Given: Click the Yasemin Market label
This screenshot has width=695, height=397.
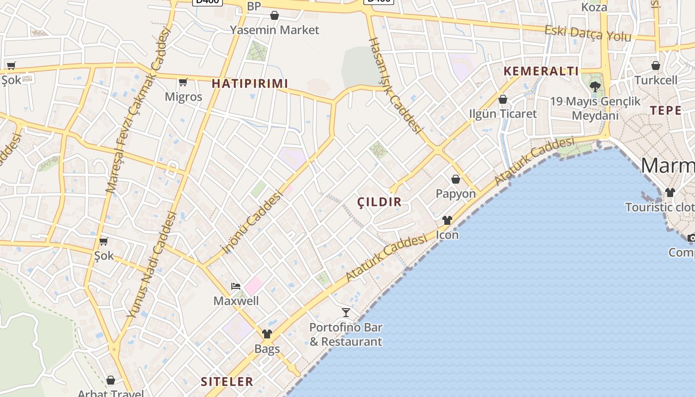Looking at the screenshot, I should [275, 30].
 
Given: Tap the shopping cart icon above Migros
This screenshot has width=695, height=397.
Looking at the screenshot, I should [183, 82].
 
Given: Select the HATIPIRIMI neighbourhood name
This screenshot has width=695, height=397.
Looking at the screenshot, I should [250, 83].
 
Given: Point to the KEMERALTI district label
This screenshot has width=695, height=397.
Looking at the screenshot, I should [541, 71].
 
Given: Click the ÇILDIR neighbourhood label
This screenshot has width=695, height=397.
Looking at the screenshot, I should [379, 202].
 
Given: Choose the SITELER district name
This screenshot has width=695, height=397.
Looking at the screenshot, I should [227, 382].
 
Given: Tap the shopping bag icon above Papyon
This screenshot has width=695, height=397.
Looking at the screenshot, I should [456, 179].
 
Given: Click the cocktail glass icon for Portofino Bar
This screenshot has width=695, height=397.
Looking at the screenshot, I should [346, 313].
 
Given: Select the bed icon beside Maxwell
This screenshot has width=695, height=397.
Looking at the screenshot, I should [236, 286].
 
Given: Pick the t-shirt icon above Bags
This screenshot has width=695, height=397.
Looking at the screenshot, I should [267, 334].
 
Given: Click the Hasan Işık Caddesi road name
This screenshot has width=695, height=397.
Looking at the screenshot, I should [395, 86].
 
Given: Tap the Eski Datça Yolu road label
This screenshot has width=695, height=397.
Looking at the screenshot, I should [588, 34].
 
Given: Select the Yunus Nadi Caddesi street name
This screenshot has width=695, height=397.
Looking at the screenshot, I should [152, 264].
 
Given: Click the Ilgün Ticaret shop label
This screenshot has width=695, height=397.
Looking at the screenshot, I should [503, 114].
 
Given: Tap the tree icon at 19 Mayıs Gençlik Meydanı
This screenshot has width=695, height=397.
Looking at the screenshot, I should [595, 87].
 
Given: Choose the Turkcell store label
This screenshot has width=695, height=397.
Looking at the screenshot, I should [656, 80].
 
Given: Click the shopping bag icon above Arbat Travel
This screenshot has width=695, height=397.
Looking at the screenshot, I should [111, 381].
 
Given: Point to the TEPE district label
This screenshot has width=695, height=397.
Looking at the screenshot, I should [666, 111].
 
